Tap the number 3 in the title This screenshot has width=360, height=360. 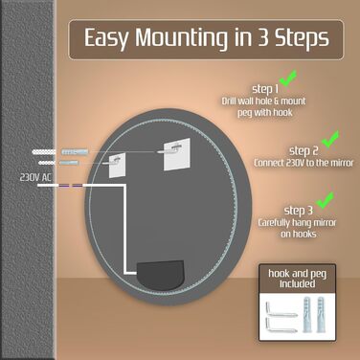coord(263,37)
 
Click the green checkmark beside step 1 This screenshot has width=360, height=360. coord(288,79)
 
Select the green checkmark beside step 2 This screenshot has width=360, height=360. coord(330,139)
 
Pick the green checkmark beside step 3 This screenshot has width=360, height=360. coord(325,200)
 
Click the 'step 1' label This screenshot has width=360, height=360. coord(265,89)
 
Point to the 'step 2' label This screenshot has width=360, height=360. coord(304,150)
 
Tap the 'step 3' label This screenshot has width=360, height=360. coord(299,211)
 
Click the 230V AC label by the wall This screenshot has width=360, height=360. coord(35,177)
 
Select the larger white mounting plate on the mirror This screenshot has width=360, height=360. coord(177,154)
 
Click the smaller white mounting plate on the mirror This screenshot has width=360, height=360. coord(117,166)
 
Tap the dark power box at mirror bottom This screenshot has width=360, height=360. coord(160,275)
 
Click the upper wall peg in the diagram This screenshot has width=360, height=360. coord(75,151)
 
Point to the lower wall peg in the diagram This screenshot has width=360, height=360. coord(69,163)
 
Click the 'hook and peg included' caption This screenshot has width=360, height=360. coord(297,279)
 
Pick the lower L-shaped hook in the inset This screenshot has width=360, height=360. coord(281,326)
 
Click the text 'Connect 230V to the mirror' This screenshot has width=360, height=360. coord(304,163)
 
